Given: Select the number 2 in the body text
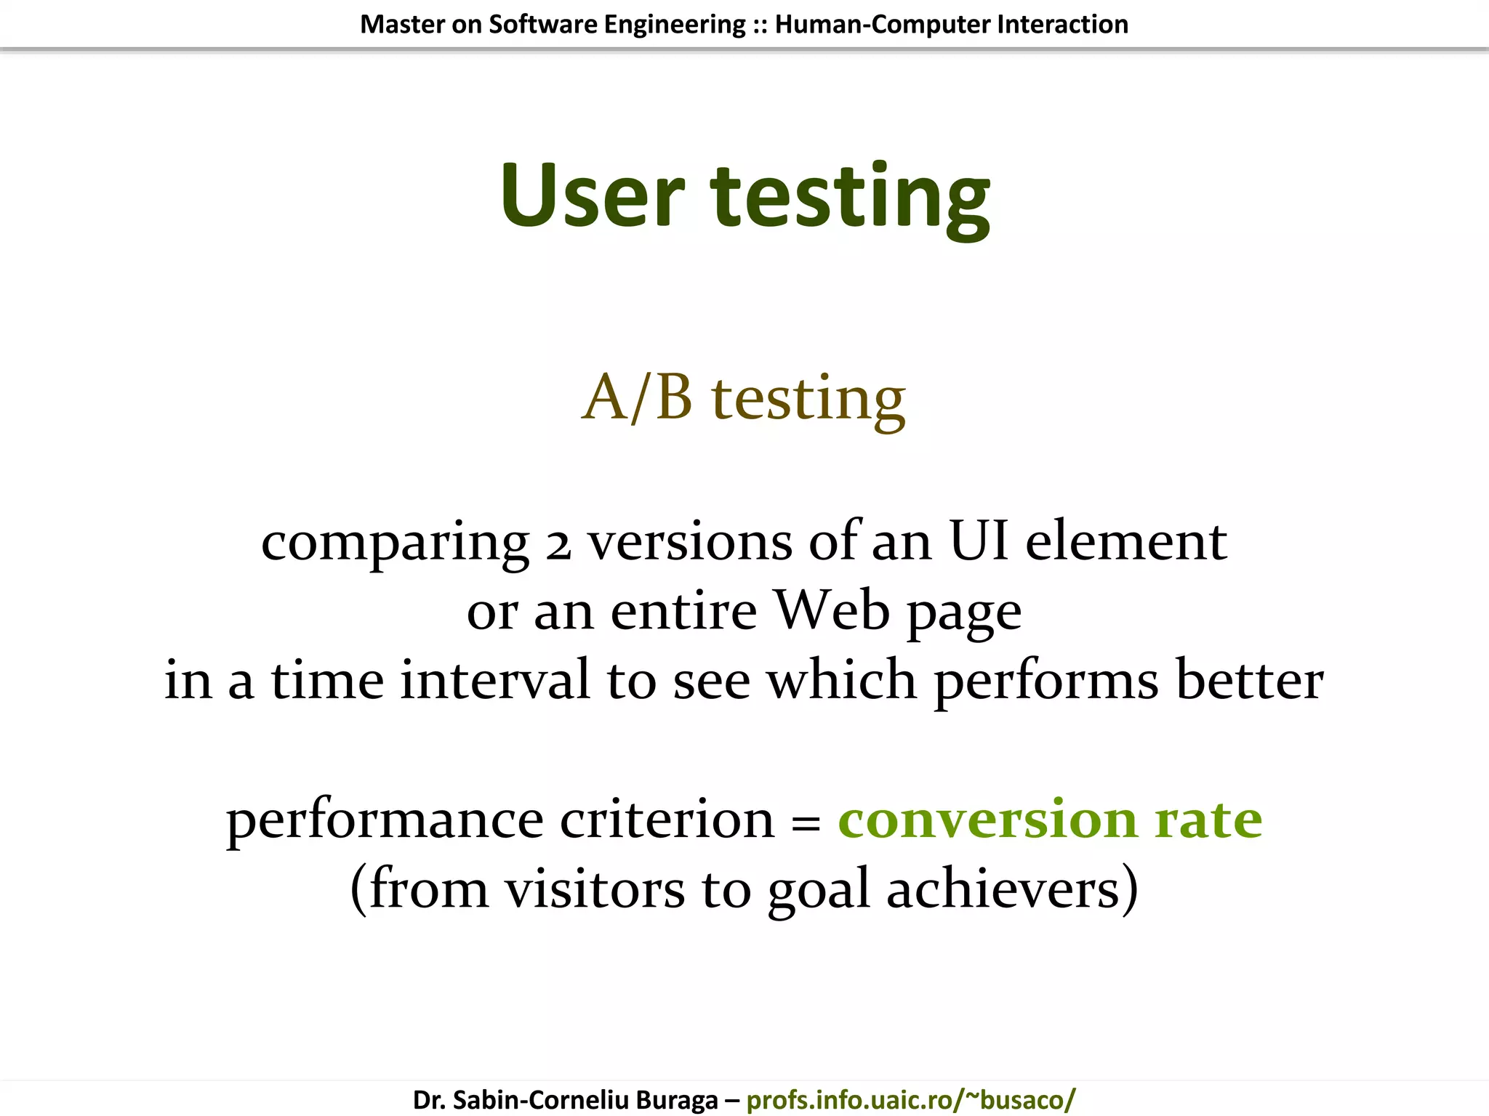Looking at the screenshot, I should coord(558,545).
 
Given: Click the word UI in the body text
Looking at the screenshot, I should coord(979,541).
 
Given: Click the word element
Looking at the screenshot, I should coord(1125,541).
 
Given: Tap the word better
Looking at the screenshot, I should coord(1249,680).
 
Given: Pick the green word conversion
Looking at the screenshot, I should coord(987,820).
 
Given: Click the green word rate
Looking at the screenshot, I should coord(1208,820).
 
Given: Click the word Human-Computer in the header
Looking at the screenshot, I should coord(882,25).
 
